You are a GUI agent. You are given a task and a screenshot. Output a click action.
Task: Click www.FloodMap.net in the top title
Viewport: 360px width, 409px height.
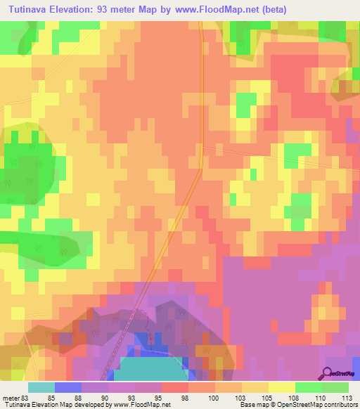click(214, 10)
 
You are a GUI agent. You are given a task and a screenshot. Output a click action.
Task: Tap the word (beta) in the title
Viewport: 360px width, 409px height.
click(272, 10)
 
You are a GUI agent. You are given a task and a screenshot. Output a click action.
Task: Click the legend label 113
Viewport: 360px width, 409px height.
click(345, 397)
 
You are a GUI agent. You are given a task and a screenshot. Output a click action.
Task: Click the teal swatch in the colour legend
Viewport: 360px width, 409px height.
click(41, 387)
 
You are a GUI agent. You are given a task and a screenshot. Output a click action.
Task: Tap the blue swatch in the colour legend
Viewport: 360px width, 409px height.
click(68, 387)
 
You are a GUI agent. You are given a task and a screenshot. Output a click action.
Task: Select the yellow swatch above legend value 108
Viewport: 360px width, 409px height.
click(282, 387)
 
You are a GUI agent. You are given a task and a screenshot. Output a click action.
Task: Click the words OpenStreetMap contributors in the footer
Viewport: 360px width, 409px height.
click(316, 405)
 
